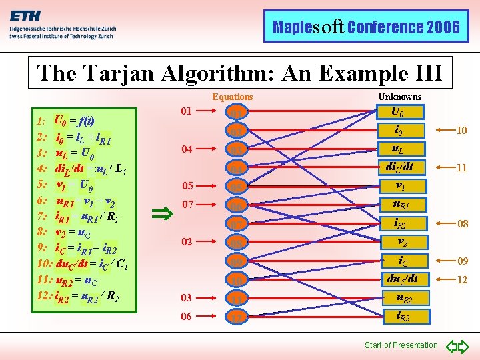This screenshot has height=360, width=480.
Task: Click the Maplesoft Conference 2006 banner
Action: coord(366,27)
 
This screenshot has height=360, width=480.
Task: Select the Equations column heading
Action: coord(233,97)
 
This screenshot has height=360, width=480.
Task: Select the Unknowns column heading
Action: coord(400,97)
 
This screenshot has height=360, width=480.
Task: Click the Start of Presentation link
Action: coord(401,345)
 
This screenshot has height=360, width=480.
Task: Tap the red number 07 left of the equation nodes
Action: coord(188,205)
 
